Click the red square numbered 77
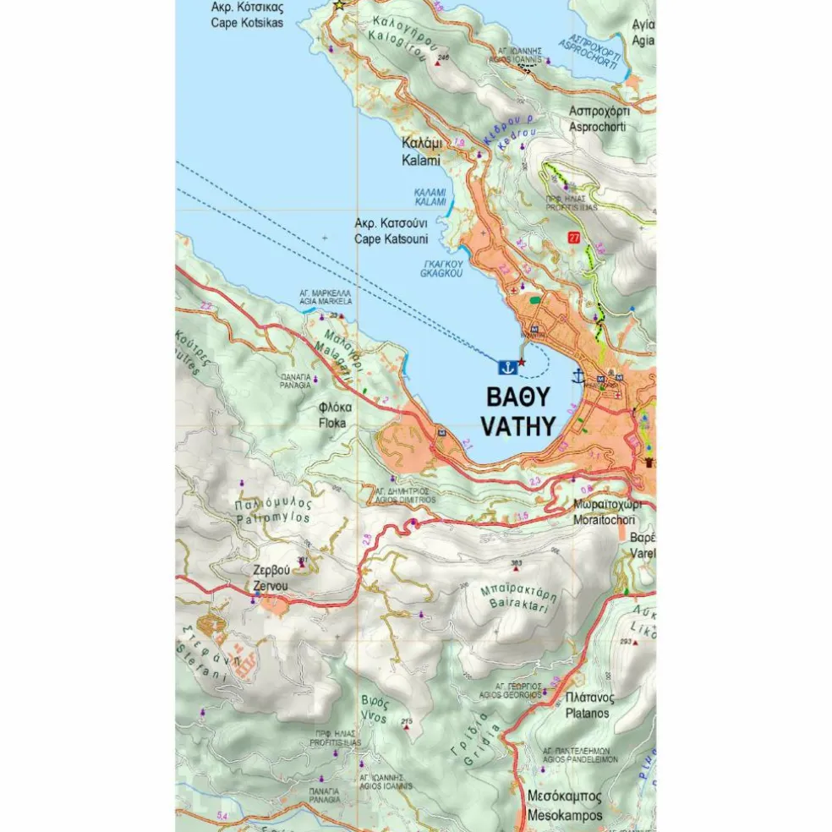pyautogui.click(x=575, y=238)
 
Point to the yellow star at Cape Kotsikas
pyautogui.click(x=340, y=6)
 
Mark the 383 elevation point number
pyautogui.click(x=517, y=564)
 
